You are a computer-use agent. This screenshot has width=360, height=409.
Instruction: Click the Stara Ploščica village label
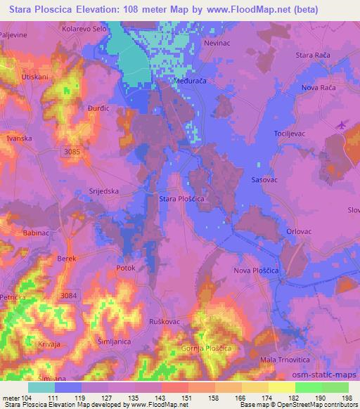coord(181,200)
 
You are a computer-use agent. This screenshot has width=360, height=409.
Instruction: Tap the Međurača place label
coord(188,81)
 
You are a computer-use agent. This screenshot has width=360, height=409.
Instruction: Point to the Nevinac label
coord(217,43)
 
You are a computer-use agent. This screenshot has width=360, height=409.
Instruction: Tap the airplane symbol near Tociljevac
coord(342,124)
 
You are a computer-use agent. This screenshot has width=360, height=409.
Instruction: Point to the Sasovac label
coord(266,181)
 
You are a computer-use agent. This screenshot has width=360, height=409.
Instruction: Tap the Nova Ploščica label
coord(257,271)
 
